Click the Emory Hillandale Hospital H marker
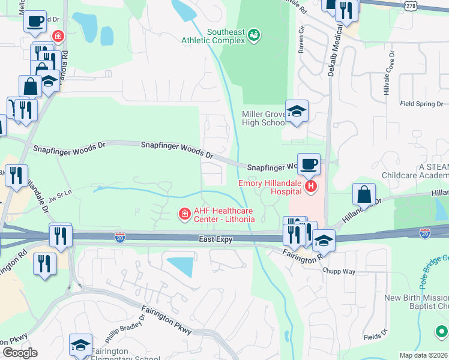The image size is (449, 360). click(310, 187)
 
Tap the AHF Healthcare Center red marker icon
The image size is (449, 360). click(184, 213)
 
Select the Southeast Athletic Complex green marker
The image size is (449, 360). click(255, 35)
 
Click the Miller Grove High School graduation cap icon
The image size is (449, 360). click(297, 111)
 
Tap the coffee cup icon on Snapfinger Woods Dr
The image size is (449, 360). click(309, 164)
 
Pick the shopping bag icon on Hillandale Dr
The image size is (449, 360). click(364, 194)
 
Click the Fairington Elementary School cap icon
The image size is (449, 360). click(80, 345)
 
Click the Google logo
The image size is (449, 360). click(20, 353)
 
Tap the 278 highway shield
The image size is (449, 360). click(411, 5)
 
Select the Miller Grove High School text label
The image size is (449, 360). click(264, 118)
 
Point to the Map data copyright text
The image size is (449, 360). click(424, 355)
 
